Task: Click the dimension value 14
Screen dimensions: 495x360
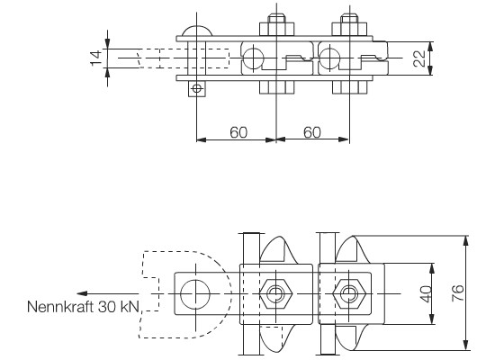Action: (x=96, y=58)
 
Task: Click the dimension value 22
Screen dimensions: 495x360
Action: (x=419, y=58)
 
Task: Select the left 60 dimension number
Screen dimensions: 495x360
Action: (x=238, y=132)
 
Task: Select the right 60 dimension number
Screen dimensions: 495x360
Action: (x=312, y=132)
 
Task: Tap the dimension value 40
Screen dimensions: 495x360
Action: (x=426, y=294)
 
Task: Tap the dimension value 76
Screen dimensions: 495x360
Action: (x=458, y=293)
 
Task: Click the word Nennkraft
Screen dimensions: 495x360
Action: (x=60, y=307)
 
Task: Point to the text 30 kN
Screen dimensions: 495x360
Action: (x=119, y=307)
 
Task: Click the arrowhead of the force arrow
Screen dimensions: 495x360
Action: (x=82, y=293)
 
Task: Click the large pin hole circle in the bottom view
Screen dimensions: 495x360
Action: (x=195, y=294)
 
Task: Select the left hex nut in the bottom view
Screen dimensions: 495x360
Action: (x=276, y=294)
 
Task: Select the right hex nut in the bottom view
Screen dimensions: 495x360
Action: (x=349, y=294)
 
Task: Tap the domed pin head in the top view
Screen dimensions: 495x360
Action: (x=197, y=31)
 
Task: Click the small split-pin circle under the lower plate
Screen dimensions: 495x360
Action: (x=197, y=88)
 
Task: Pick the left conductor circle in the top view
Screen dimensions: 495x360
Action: (x=254, y=58)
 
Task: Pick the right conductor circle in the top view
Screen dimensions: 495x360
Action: (x=329, y=58)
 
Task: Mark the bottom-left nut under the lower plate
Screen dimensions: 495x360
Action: (x=277, y=87)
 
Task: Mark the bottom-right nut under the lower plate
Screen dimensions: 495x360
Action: (x=350, y=87)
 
